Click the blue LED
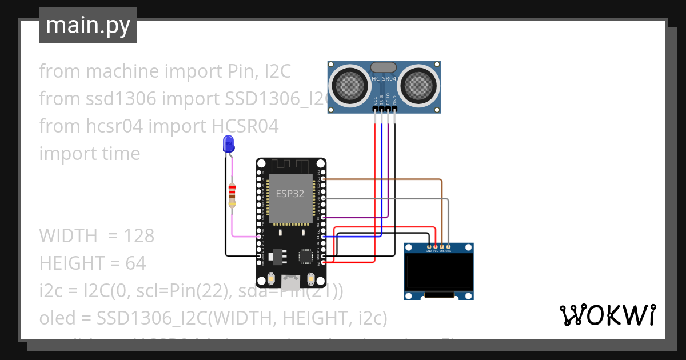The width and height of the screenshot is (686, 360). pos(229,143)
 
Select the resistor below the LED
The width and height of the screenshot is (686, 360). pos(232,194)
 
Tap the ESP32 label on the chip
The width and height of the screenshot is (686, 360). pos(290,193)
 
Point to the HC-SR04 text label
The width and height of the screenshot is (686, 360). pos(384,79)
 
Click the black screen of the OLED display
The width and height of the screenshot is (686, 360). pos(438,273)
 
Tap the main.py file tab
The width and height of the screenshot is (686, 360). pos(88,25)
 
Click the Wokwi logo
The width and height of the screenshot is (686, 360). pos(607,315)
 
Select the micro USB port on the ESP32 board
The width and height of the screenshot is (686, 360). pos(291,281)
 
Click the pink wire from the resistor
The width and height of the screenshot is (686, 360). pos(233,226)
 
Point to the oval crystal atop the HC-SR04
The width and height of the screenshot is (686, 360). pos(384,67)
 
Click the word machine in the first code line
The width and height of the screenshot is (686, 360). pos(123,71)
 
